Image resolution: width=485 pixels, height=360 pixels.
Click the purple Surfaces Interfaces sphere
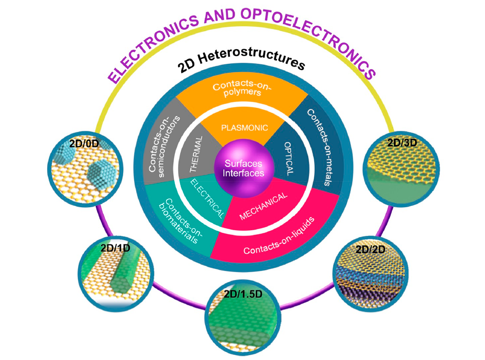[244, 168]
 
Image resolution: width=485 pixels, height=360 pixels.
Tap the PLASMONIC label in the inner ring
[245, 128]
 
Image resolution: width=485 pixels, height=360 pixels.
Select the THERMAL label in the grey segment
[196, 154]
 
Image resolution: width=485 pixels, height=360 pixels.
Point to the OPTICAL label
[289, 159]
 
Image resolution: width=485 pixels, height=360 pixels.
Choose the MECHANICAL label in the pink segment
[263, 206]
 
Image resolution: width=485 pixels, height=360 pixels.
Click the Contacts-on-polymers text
[242, 88]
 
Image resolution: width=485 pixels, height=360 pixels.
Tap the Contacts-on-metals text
[322, 147]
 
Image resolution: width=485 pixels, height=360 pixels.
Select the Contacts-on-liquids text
[279, 237]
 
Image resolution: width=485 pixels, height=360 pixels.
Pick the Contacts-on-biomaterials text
[181, 221]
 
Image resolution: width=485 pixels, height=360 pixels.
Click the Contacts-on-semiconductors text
[163, 147]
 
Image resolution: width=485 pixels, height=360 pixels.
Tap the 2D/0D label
[84, 143]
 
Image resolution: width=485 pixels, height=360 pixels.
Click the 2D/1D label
[115, 248]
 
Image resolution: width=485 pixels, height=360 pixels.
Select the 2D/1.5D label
[243, 294]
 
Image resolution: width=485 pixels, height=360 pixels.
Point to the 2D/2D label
[370, 249]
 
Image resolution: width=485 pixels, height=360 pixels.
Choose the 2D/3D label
[402, 142]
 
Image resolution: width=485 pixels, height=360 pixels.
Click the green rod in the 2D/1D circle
[127, 272]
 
